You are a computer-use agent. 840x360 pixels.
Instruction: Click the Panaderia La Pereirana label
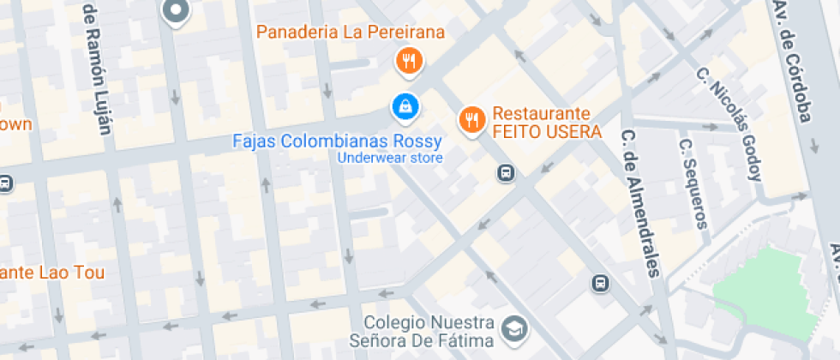(351, 33)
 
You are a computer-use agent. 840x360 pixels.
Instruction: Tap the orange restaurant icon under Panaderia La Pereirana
(406, 61)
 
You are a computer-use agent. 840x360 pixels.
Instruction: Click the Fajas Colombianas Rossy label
(338, 141)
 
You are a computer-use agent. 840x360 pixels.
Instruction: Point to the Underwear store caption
(390, 158)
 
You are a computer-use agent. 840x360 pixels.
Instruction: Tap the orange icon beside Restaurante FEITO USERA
(471, 120)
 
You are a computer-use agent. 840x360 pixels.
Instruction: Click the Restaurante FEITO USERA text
(546, 123)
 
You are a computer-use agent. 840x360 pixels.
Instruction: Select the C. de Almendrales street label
(641, 203)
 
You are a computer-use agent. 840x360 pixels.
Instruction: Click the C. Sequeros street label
(693, 184)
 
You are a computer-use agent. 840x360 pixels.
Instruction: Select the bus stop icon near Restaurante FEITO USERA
(506, 173)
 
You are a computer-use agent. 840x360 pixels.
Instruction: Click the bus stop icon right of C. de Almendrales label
(601, 283)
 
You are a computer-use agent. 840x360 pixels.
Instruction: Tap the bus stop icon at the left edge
(5, 183)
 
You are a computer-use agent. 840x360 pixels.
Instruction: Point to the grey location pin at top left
(176, 11)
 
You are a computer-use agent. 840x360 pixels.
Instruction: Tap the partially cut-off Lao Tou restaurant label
(51, 273)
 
